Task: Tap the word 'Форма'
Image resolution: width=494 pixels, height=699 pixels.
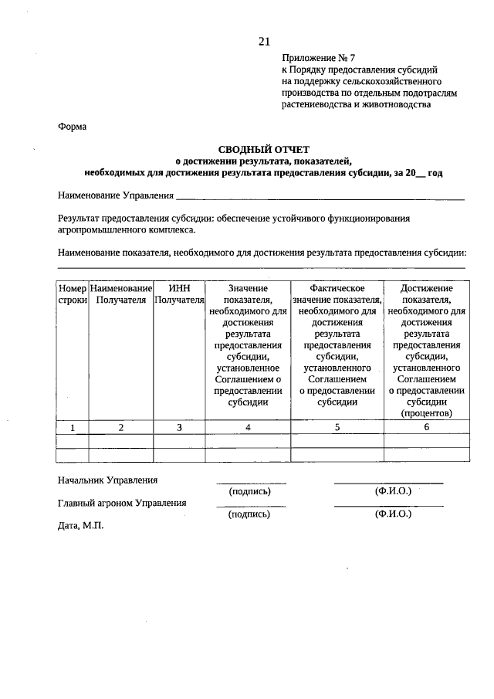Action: [73, 127]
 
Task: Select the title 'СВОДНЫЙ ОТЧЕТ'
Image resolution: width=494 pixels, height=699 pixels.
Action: [263, 149]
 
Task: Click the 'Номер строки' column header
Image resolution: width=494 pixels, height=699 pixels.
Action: [73, 294]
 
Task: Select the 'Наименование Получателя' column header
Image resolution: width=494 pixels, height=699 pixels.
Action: [120, 294]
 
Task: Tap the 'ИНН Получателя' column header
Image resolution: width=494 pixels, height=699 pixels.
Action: [179, 294]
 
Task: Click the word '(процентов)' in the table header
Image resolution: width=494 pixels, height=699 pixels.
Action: [426, 413]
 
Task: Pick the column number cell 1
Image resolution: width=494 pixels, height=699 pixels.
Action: [73, 427]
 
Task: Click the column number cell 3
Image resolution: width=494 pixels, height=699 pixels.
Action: [179, 427]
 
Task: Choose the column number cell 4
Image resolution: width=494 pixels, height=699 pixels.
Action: [247, 427]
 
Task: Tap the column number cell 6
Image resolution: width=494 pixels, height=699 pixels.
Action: [426, 427]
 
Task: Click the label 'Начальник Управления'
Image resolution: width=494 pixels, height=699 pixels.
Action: [107, 480]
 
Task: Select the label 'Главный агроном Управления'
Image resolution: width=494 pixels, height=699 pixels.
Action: [122, 503]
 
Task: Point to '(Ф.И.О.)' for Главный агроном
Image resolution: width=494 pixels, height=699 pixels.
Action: [392, 514]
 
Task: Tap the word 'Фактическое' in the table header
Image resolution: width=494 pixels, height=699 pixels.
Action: [337, 288]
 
